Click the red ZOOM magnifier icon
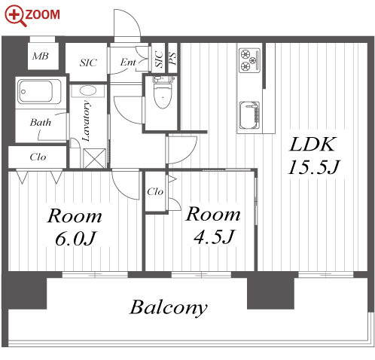click(15, 16)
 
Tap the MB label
click(41, 56)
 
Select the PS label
click(172, 58)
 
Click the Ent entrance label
click(128, 62)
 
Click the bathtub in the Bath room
click(39, 91)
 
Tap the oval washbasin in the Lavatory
click(87, 90)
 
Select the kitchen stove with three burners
click(249, 60)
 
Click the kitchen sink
click(249, 115)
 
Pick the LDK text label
click(312, 145)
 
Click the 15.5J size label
click(313, 167)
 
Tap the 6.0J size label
click(76, 239)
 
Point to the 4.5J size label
click(214, 236)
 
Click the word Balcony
click(169, 308)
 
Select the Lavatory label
click(87, 121)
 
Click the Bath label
click(41, 122)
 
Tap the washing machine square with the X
click(94, 158)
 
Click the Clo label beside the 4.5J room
click(155, 192)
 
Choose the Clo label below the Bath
click(38, 157)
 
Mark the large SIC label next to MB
click(88, 63)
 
